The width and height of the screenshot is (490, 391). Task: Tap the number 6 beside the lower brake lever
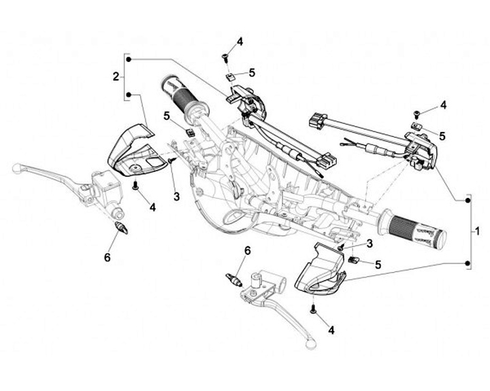click(247, 251)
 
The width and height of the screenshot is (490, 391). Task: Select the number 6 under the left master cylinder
click(107, 256)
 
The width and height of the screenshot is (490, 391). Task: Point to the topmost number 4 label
click(240, 42)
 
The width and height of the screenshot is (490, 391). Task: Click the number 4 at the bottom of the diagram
click(331, 330)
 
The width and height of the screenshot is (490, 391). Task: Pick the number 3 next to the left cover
click(176, 197)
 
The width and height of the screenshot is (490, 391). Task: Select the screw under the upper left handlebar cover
click(136, 184)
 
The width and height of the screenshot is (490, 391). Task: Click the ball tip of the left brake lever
click(17, 165)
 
